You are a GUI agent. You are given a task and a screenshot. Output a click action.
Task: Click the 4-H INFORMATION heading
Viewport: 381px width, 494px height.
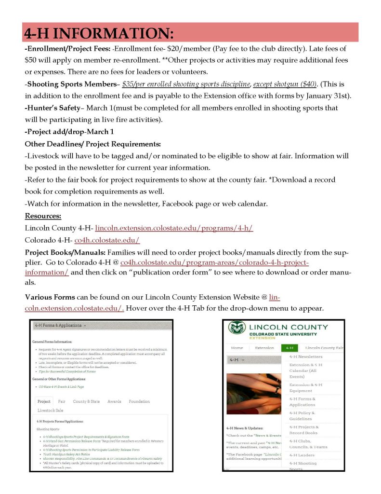click(x=99, y=33)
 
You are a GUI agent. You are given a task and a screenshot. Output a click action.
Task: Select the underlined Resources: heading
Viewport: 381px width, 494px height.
click(x=43, y=216)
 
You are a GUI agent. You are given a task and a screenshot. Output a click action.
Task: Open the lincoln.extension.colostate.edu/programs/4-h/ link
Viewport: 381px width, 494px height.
click(x=174, y=228)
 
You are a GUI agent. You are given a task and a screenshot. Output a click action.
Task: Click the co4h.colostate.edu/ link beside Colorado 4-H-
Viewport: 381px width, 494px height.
click(x=107, y=240)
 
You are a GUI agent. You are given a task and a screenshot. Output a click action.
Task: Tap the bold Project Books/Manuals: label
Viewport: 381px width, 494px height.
click(x=65, y=252)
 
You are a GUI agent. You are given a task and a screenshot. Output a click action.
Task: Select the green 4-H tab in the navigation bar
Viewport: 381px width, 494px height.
click(x=289, y=347)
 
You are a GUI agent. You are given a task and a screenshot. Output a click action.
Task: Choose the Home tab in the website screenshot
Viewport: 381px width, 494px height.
click(x=237, y=347)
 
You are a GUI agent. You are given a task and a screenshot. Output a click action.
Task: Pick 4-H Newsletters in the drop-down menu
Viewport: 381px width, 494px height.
click(x=305, y=357)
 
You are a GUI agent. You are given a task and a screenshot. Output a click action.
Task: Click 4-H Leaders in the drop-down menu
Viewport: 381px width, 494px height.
click(x=302, y=455)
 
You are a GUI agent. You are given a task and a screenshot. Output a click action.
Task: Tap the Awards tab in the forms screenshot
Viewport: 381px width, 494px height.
click(x=114, y=401)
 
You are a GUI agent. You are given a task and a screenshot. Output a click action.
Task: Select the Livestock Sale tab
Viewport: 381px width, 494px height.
click(x=50, y=410)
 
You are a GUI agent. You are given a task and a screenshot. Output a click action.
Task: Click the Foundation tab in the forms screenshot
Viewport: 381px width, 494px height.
click(x=139, y=401)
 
